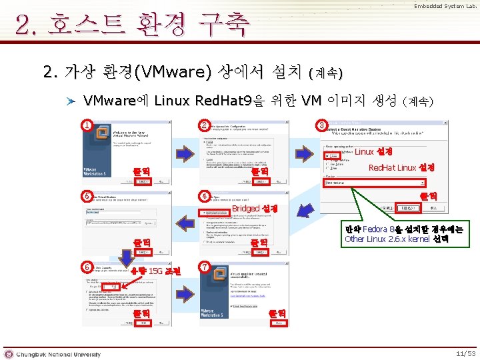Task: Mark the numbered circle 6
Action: pyautogui.click(x=87, y=267)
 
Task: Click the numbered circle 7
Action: pyautogui.click(x=205, y=267)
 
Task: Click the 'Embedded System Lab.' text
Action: pyautogui.click(x=445, y=6)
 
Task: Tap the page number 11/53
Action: pyautogui.click(x=465, y=353)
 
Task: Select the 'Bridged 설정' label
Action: pyautogui.click(x=259, y=209)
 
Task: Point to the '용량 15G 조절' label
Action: pyautogui.click(x=155, y=271)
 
